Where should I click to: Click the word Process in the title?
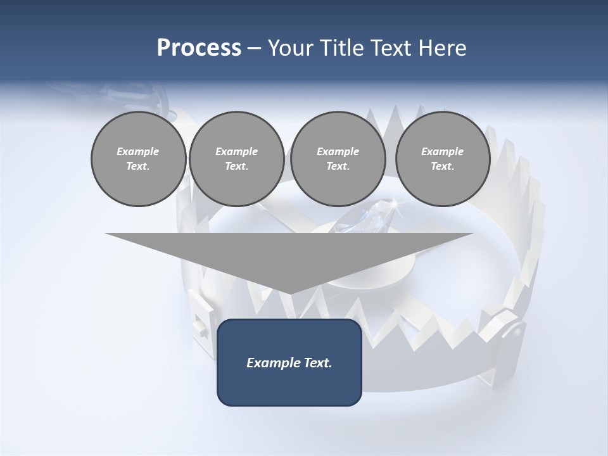click(x=199, y=48)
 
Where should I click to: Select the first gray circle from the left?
click(x=138, y=159)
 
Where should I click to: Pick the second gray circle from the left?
click(x=236, y=159)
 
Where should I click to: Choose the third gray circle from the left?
click(x=338, y=159)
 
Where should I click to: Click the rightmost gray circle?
click(x=442, y=159)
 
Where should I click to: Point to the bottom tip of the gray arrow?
click(x=289, y=294)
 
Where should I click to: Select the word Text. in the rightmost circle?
click(x=442, y=167)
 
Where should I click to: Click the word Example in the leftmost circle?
click(x=138, y=151)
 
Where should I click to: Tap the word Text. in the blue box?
click(x=316, y=363)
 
